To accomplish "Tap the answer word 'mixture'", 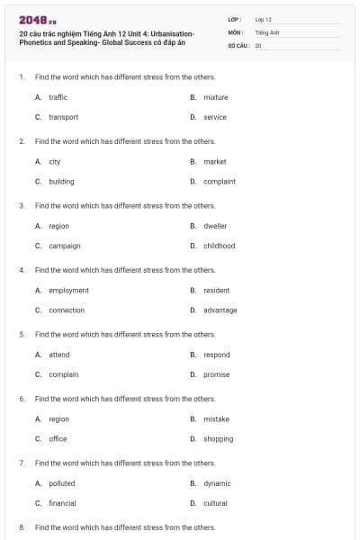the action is (x=216, y=97).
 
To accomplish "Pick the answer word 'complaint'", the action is (x=220, y=181).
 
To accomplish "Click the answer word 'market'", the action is (x=215, y=162).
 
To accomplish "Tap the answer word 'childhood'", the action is (x=220, y=246).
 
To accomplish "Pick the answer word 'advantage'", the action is (x=220, y=310).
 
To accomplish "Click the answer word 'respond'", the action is (x=217, y=355).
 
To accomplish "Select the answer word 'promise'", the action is (x=217, y=374).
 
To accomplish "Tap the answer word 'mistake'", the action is (x=217, y=419).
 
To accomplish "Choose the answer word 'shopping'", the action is (x=219, y=439).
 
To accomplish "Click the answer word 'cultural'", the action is (x=216, y=503).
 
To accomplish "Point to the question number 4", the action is (x=21, y=270).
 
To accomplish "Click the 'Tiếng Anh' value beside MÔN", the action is (x=268, y=31).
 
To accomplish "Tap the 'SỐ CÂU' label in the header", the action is (x=238, y=44).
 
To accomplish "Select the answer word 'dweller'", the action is (x=216, y=226).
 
